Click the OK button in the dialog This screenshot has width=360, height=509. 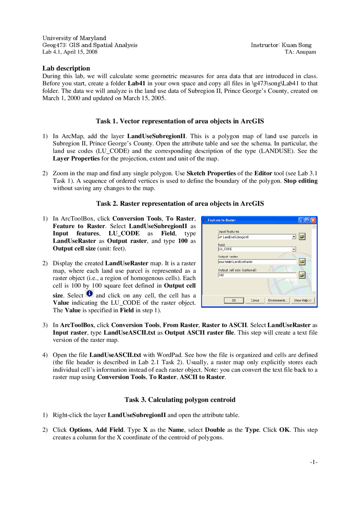pyautogui.click(x=234, y=300)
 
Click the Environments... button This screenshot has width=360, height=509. pyautogui.click(x=278, y=300)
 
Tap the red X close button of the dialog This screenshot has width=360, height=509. pyautogui.click(x=313, y=220)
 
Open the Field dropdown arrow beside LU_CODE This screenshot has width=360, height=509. pyautogui.click(x=294, y=249)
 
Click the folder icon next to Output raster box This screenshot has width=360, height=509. pyautogui.click(x=302, y=262)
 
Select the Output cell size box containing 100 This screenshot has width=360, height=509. pyautogui.click(x=257, y=275)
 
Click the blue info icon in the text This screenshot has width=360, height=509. pyautogui.click(x=89, y=293)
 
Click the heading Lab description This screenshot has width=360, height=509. pyautogui.click(x=66, y=68)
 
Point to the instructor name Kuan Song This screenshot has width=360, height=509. pyautogui.click(x=296, y=45)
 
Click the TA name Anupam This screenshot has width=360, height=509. pyautogui.click(x=306, y=52)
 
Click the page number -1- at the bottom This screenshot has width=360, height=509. pyautogui.click(x=314, y=462)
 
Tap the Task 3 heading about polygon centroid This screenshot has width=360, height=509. pyautogui.click(x=180, y=400)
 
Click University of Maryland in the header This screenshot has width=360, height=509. pyautogui.click(x=74, y=38)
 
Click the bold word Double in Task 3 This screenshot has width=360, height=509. pyautogui.click(x=215, y=430)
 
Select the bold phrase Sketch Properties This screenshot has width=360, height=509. pyautogui.click(x=211, y=173)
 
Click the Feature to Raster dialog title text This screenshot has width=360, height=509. pyautogui.click(x=222, y=220)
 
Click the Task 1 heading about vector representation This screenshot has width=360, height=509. pyautogui.click(x=180, y=121)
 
